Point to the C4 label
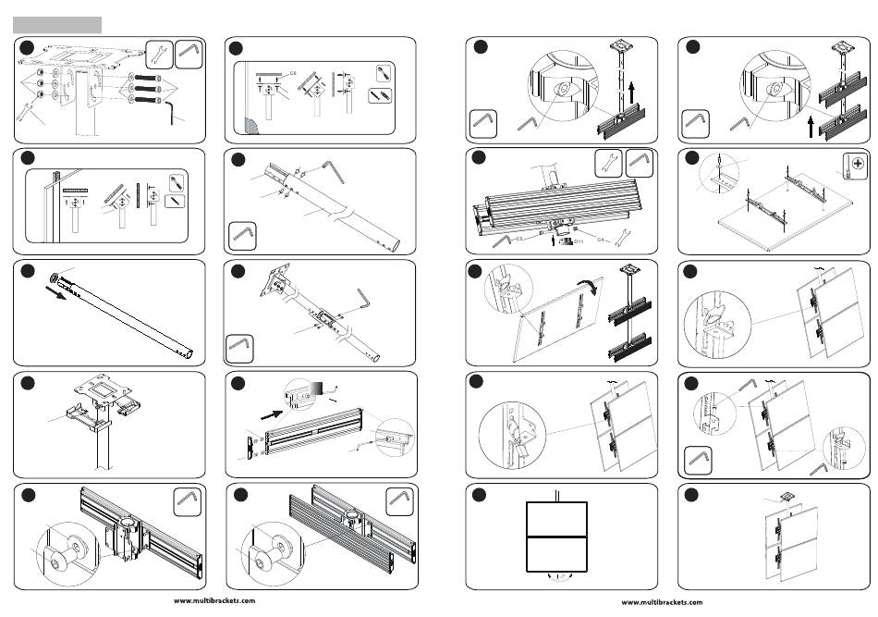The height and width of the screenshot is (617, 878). [x=602, y=240]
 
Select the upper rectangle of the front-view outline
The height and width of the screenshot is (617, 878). [x=556, y=519]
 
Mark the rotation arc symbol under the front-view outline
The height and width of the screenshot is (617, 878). [x=557, y=577]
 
